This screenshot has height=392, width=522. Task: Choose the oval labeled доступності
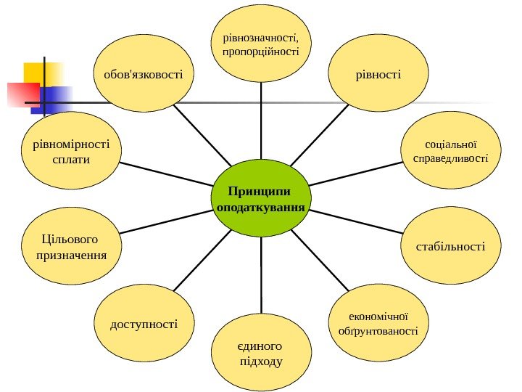[144, 322]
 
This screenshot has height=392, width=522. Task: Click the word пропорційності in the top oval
[261, 52]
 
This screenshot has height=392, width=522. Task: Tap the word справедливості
[450, 158]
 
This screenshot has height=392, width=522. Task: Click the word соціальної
[450, 143]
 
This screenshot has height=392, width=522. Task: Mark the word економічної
[378, 317]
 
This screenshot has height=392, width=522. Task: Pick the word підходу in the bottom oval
[260, 361]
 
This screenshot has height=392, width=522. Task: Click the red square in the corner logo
[21, 94]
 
